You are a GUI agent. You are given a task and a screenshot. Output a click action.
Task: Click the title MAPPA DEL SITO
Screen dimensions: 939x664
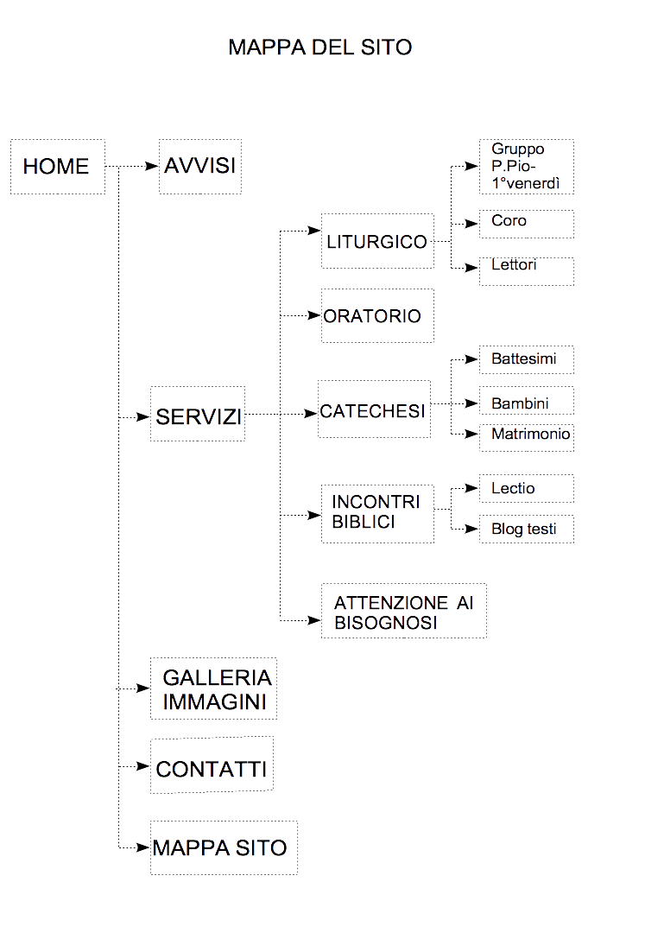[319, 47]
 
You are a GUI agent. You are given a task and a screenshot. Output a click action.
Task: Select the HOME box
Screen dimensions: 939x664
[57, 167]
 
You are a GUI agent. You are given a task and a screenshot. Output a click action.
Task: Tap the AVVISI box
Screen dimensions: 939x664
[200, 166]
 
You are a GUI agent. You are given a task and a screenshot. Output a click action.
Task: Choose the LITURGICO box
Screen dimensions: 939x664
[377, 241]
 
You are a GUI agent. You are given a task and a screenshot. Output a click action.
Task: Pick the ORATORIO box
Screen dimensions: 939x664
[377, 315]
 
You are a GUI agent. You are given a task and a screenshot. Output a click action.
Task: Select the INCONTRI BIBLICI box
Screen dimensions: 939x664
[377, 513]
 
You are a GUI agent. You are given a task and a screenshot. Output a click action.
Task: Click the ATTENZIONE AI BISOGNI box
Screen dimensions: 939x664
[403, 611]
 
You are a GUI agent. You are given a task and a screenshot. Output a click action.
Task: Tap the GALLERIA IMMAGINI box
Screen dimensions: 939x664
[213, 688]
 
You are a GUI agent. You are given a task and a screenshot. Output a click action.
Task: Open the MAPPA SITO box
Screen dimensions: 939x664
[223, 847]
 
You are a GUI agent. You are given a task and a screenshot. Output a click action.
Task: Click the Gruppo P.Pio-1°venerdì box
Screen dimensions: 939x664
[527, 167]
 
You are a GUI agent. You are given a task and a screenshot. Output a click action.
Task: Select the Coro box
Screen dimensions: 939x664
[527, 224]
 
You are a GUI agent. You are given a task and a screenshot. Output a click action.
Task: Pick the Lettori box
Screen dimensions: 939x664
[527, 270]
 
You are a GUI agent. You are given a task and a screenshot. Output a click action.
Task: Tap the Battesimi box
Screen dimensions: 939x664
[527, 358]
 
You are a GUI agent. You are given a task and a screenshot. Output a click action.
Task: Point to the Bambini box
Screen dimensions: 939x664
[527, 402]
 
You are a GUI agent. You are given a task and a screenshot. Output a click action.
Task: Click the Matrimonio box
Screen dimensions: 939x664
[527, 435]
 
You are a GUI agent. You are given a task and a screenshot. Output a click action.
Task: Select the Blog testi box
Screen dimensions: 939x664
[527, 529]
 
